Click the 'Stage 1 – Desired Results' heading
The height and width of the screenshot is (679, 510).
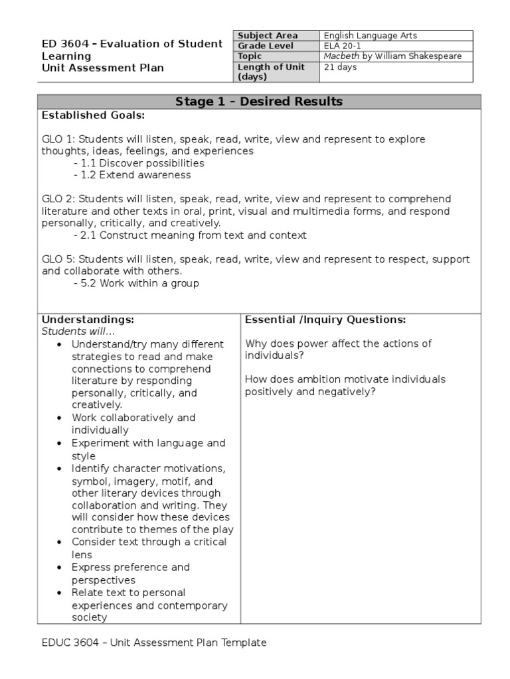click(x=259, y=101)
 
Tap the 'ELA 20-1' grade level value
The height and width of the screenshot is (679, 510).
click(x=343, y=46)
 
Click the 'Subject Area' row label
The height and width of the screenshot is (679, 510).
click(x=268, y=36)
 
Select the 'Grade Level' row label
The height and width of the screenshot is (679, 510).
click(x=265, y=46)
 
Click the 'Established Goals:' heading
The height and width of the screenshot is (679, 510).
click(x=93, y=115)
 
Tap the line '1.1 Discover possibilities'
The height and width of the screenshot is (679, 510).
click(x=142, y=163)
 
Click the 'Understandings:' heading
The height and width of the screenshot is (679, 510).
click(x=88, y=320)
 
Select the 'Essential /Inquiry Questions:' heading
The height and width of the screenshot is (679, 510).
click(x=325, y=320)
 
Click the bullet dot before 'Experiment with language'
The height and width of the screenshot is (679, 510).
click(x=60, y=443)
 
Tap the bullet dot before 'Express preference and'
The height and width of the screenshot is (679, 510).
click(x=60, y=568)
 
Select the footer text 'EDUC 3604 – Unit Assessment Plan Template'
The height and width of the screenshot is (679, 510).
click(x=153, y=643)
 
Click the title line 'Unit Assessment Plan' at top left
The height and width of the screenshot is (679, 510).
click(x=102, y=68)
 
